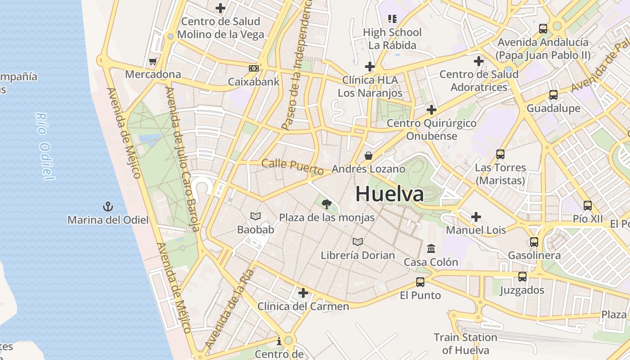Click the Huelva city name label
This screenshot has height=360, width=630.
pos(389,194)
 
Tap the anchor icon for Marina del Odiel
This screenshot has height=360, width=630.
pos(108,207)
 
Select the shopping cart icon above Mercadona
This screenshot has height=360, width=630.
pos(153,61)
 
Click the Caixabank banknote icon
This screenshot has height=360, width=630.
pos(254,68)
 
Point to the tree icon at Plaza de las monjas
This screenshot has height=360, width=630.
pos(327,204)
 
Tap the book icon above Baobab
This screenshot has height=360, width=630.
pos(256,216)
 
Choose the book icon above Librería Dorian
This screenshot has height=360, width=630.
pos(358,242)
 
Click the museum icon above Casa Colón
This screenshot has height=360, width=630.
pos(431,248)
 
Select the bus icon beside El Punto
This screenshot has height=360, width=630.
pos(420,282)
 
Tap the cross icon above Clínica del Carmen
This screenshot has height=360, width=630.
pos(303,293)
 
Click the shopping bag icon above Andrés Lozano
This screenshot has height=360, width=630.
pos(369,156)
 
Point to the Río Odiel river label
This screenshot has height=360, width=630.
pos(45,146)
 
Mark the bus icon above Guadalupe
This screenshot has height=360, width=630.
pos(553,95)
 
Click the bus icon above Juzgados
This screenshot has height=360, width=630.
pos(522,277)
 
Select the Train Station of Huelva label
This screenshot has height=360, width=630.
pos(465,343)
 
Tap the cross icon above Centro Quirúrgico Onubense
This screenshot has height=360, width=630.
pos(432,109)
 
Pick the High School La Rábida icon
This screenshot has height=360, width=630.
pos(392,19)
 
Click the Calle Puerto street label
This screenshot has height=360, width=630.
pos(292,167)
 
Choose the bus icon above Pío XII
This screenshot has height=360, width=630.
pos(588,206)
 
